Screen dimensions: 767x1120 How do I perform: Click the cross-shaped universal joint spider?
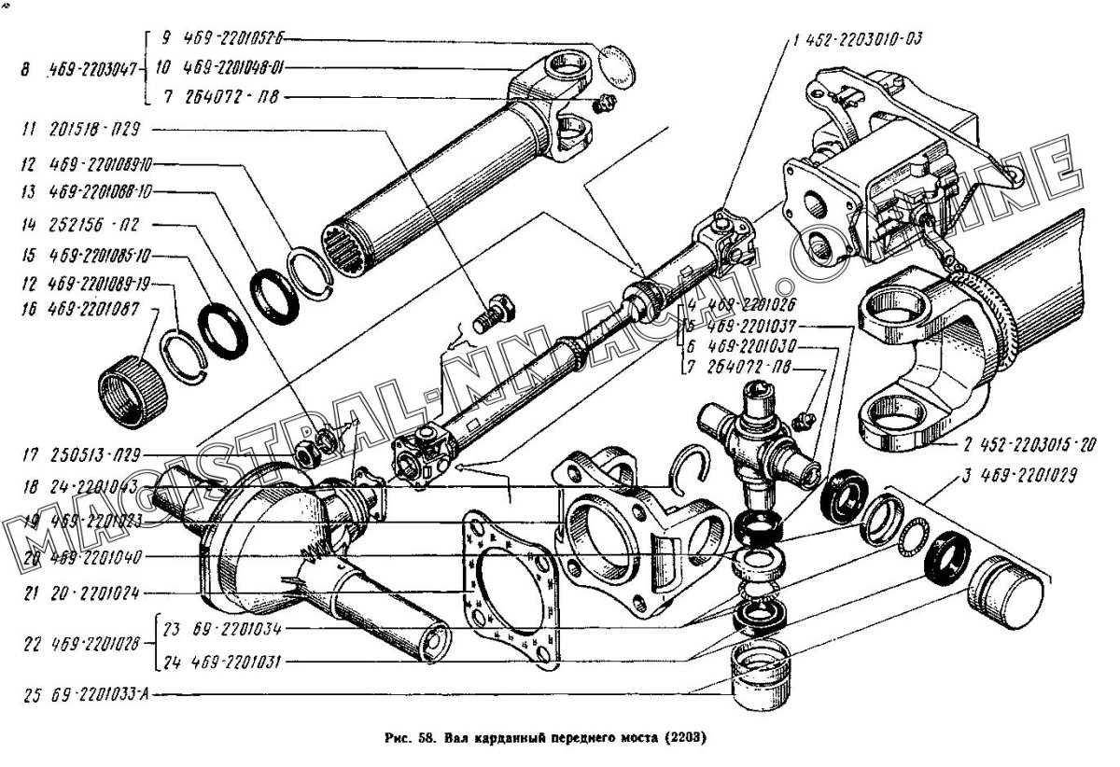(756, 439)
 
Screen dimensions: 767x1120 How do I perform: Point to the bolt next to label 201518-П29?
(496, 314)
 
